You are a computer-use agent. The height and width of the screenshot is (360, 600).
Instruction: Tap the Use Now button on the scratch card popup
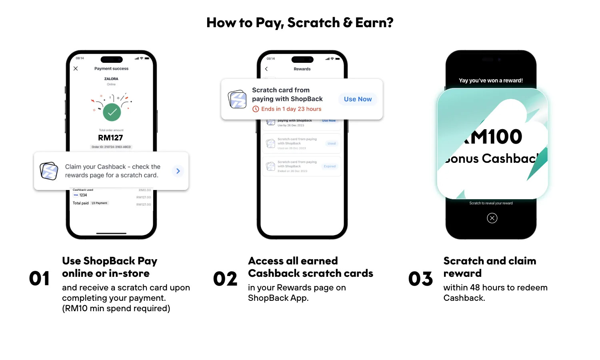(358, 99)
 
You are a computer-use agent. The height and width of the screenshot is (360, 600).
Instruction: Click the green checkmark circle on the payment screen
(112, 112)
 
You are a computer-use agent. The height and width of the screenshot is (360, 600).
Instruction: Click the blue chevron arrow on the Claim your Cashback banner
(178, 171)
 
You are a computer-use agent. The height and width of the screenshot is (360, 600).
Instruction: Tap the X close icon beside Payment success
(76, 69)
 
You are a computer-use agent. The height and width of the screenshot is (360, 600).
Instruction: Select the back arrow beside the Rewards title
(266, 69)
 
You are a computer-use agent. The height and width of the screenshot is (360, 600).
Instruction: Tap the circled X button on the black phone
(492, 218)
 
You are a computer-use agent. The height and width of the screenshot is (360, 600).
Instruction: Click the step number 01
(39, 279)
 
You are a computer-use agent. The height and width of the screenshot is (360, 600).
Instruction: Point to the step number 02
(225, 279)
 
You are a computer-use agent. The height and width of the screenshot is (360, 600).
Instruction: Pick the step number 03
(420, 279)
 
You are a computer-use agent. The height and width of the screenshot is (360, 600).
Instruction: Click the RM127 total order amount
(110, 138)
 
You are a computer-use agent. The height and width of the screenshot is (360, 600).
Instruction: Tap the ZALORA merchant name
(111, 79)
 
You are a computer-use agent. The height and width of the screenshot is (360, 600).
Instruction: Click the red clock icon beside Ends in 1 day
(256, 109)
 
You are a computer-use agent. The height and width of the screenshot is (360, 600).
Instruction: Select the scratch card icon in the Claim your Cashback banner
(49, 171)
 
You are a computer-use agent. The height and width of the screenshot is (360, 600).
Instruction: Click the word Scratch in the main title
(313, 23)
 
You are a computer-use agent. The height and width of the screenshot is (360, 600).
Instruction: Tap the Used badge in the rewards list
(332, 143)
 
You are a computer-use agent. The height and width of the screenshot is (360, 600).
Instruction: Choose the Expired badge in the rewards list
(330, 166)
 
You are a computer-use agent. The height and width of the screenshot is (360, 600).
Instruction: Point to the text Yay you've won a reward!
(491, 80)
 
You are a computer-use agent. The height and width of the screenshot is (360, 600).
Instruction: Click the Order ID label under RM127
(111, 147)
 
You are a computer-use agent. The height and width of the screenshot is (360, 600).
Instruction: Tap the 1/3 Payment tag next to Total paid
(100, 203)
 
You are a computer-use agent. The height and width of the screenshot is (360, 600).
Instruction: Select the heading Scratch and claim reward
(490, 267)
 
